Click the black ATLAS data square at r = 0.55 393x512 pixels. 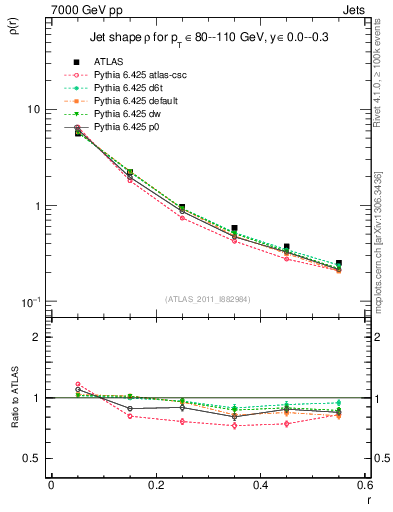(x=338, y=264)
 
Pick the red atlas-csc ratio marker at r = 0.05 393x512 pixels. (x=78, y=384)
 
